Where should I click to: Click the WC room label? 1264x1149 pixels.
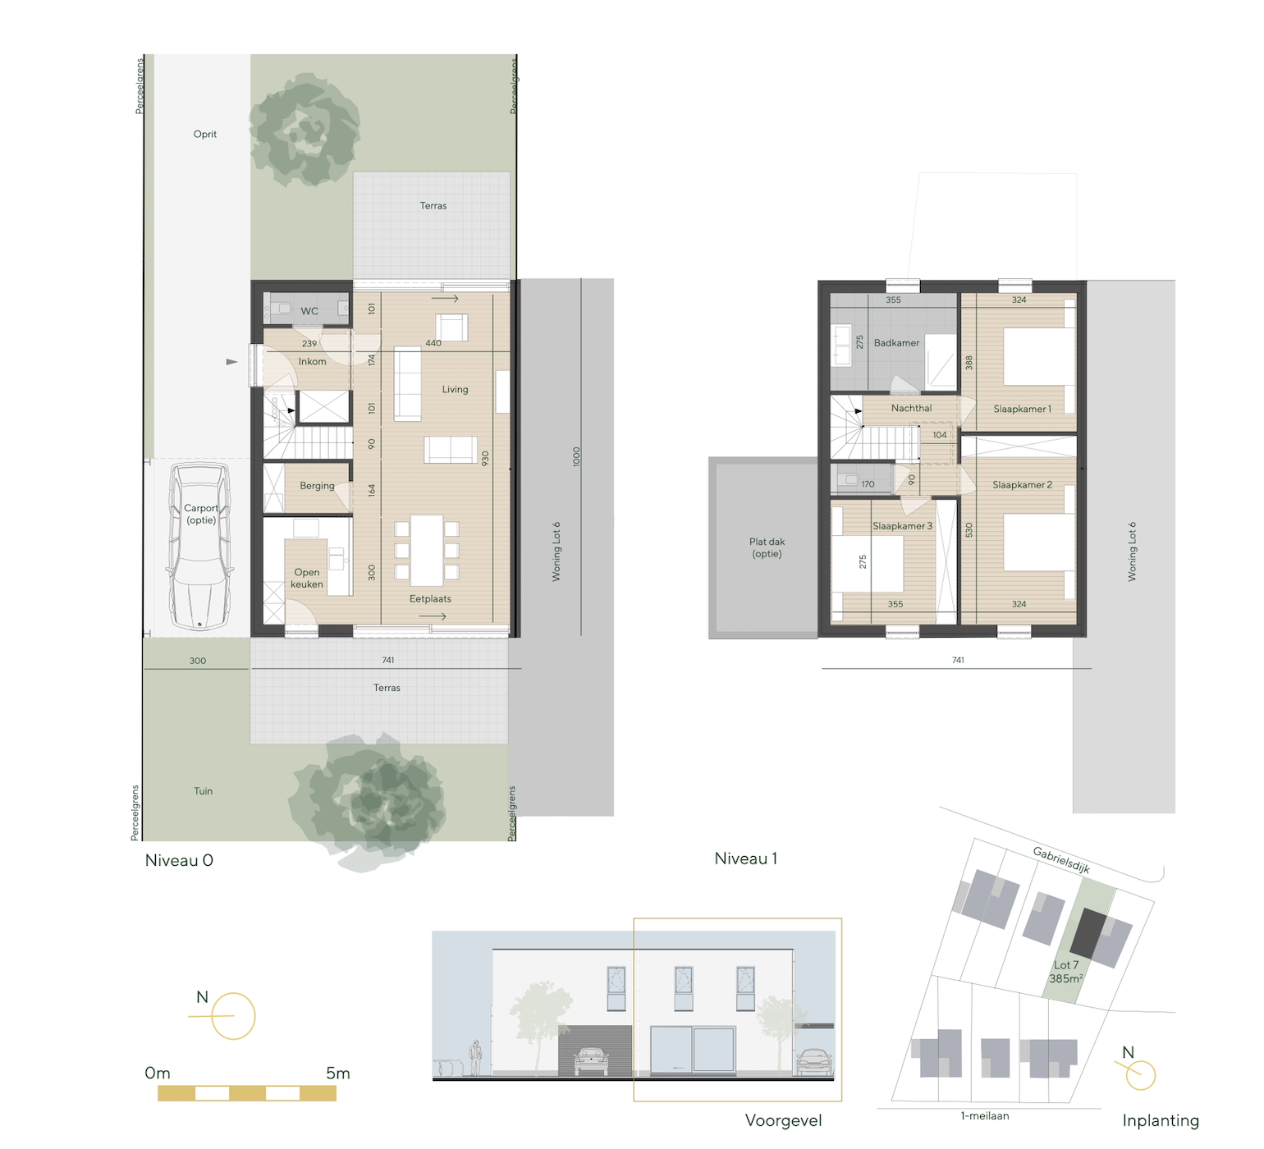(x=309, y=311)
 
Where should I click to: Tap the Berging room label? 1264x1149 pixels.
(x=317, y=486)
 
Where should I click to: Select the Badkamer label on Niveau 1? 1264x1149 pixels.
(x=896, y=343)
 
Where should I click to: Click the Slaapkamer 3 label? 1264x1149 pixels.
(x=902, y=526)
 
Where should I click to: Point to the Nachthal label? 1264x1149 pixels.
(x=911, y=408)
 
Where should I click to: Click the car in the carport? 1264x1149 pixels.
(x=199, y=547)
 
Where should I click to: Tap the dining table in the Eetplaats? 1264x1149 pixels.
(x=427, y=550)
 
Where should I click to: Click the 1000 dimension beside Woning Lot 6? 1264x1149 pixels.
(x=576, y=456)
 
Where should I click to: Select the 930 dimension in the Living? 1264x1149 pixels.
(x=485, y=458)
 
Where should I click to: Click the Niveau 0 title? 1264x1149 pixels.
(x=179, y=860)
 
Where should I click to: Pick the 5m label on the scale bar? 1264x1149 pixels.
(x=337, y=1073)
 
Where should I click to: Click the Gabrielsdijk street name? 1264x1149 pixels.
(x=1061, y=859)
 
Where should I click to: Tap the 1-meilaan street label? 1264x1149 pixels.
(x=984, y=1116)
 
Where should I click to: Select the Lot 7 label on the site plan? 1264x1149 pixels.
(x=1066, y=965)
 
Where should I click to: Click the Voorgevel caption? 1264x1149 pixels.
(x=783, y=1120)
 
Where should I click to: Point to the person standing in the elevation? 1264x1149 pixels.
(x=474, y=1057)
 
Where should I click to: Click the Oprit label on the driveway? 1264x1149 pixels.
(x=205, y=135)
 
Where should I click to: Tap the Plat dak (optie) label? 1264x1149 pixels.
(x=767, y=547)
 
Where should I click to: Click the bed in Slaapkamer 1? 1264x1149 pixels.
(x=1039, y=356)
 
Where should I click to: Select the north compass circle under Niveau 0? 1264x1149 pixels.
(x=234, y=1016)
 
